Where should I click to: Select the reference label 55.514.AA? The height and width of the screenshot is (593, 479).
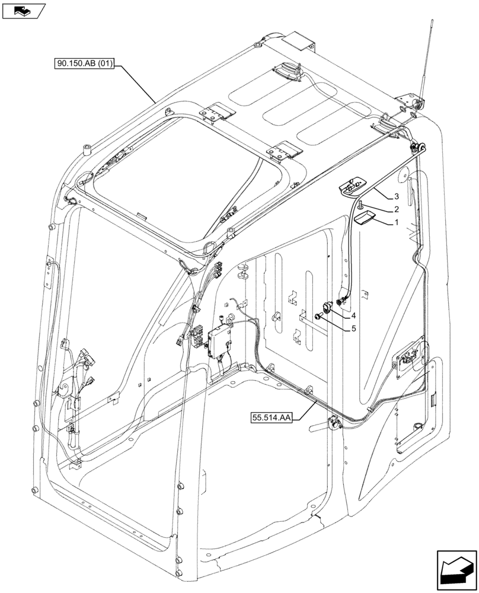(x=270, y=419)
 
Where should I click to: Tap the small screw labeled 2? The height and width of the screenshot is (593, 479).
(x=360, y=205)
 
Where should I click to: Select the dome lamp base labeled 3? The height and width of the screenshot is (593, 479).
(x=351, y=187)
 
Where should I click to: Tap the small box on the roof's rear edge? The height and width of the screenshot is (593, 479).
(x=299, y=43)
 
